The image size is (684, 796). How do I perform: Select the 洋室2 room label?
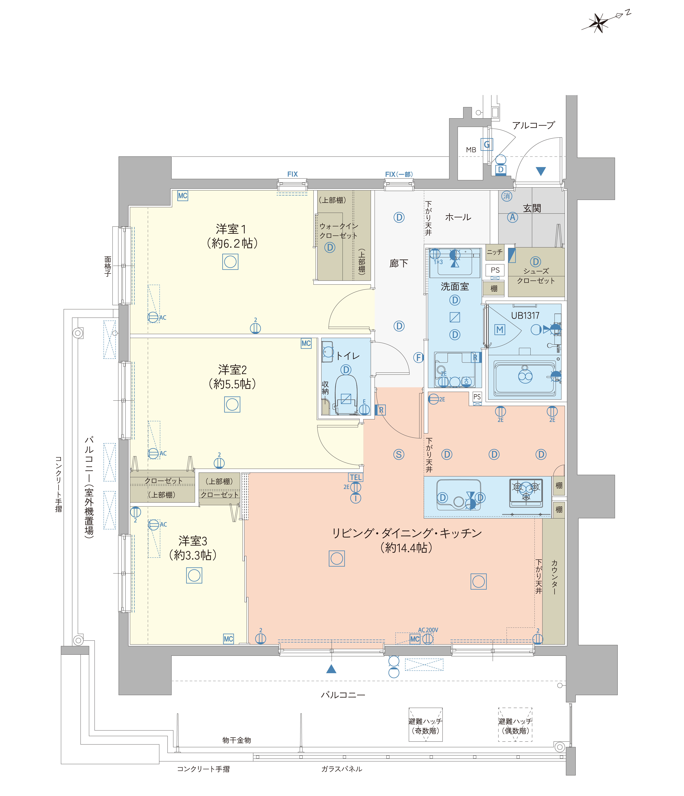232,370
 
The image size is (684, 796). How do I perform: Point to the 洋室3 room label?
193,541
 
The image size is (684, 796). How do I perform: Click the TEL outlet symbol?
356,477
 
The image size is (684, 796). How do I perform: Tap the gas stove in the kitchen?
526,493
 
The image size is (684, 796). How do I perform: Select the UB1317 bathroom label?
525,315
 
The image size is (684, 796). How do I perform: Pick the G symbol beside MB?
487,144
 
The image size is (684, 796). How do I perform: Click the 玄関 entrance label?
532,208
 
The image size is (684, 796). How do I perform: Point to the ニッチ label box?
495,252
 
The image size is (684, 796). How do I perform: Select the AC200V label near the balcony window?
428,630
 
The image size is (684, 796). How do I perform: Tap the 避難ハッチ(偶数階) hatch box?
515,725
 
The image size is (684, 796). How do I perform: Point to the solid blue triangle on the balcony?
331,669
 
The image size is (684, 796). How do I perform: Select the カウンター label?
554,577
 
